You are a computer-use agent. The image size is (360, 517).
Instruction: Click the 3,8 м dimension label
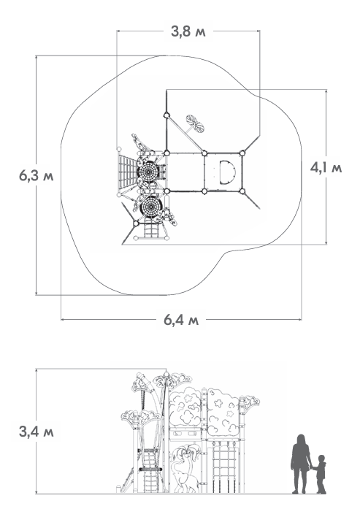tap(188, 31)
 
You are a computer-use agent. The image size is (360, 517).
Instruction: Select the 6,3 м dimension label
tap(36, 176)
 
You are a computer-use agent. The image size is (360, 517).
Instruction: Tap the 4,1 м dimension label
tap(326, 168)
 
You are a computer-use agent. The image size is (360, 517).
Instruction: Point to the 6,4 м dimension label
tap(181, 320)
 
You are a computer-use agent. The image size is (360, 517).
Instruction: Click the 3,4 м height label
tap(36, 432)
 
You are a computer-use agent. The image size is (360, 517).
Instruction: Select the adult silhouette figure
tap(301, 464)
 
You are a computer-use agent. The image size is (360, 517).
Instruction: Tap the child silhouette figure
tap(320, 474)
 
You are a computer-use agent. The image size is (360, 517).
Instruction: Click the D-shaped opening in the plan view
tap(228, 172)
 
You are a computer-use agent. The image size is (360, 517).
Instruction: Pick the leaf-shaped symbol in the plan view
tap(195, 123)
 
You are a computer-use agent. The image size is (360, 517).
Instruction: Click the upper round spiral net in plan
tap(148, 172)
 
